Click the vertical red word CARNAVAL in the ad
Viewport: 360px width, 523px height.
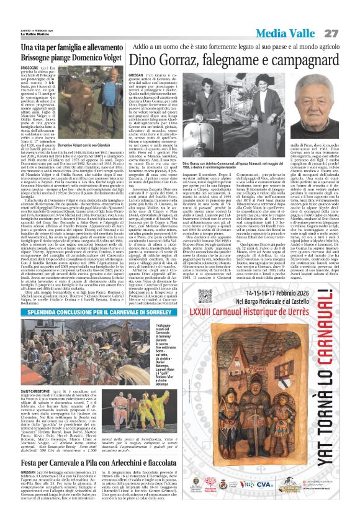[336, 404]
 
